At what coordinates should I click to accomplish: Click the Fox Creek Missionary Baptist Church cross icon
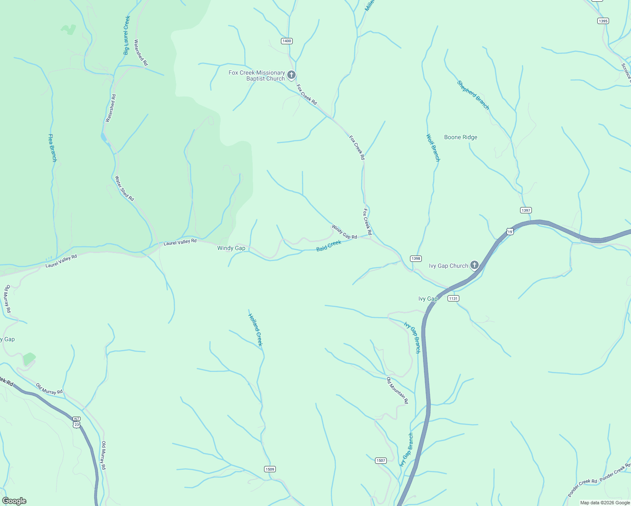click(291, 75)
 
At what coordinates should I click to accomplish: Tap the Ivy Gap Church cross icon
click(475, 265)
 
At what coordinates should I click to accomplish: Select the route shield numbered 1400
click(286, 41)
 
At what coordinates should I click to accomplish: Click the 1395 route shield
click(603, 21)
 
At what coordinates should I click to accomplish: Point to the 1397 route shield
click(526, 210)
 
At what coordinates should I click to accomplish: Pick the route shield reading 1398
click(416, 258)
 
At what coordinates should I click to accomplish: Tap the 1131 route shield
click(453, 298)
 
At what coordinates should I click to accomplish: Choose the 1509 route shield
click(270, 469)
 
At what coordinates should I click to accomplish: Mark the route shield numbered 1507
click(380, 460)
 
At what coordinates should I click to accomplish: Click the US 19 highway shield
click(510, 231)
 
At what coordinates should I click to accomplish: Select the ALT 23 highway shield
click(76, 422)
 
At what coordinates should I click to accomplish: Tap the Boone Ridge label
click(461, 137)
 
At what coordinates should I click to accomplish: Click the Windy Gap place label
click(231, 248)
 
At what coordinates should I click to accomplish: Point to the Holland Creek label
click(256, 330)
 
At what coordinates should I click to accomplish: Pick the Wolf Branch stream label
click(433, 148)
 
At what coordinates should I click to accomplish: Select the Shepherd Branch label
click(473, 95)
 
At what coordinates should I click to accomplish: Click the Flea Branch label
click(52, 148)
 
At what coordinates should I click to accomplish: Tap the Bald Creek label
click(329, 245)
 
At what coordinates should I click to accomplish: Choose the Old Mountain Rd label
click(397, 390)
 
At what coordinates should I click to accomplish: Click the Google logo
click(14, 501)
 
